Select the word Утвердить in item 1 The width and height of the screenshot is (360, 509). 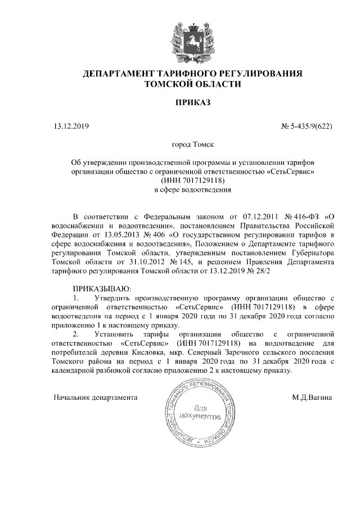click(x=117, y=298)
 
